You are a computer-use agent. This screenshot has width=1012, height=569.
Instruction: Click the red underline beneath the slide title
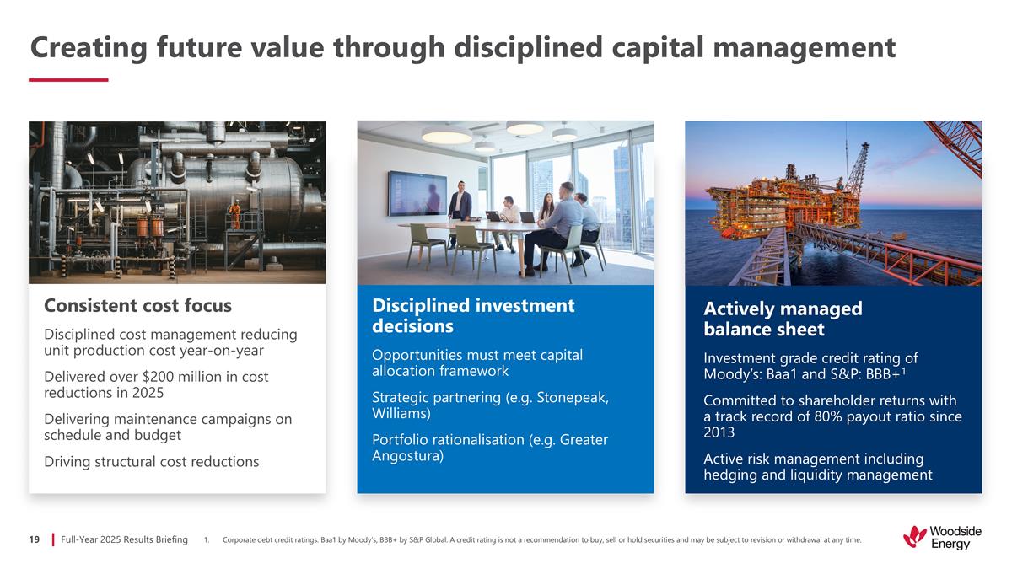click(68, 80)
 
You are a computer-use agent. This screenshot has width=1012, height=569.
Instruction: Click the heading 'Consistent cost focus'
click(137, 305)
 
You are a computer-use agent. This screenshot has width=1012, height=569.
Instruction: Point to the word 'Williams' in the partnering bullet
click(401, 414)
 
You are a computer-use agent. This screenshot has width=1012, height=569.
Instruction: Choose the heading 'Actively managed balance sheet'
click(782, 319)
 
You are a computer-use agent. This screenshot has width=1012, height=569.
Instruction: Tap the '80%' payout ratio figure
click(844, 416)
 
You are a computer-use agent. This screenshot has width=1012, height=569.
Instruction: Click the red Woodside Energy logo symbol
click(914, 536)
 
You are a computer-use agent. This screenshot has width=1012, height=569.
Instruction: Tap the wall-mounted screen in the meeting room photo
click(417, 193)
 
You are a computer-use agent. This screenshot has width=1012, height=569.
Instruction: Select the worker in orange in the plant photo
click(235, 214)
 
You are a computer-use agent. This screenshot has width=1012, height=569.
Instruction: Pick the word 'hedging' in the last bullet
click(732, 475)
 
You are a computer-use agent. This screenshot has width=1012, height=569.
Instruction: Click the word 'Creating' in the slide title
click(87, 48)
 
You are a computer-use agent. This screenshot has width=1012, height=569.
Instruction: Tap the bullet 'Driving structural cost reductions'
click(152, 462)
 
